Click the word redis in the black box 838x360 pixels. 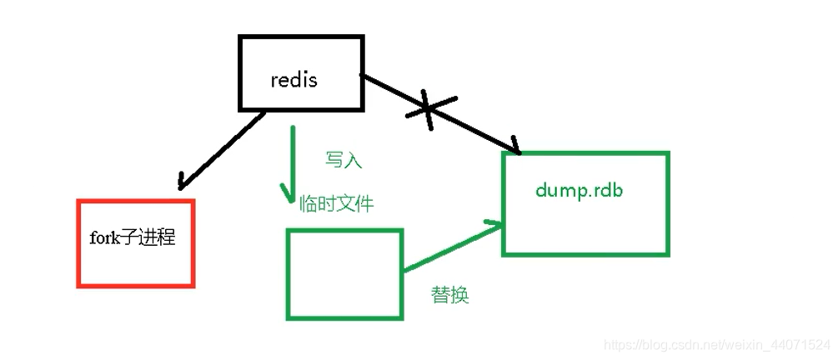294,80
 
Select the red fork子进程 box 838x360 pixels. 135,243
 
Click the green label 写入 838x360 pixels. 344,159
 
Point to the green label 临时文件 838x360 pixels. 337,203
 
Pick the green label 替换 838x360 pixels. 449,295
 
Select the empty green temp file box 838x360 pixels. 344,273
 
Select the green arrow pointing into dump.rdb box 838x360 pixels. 450,247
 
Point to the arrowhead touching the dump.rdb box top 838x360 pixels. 514,150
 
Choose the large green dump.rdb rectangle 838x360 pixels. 585,203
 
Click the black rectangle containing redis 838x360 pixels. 302,73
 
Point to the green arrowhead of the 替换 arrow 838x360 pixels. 496,225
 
